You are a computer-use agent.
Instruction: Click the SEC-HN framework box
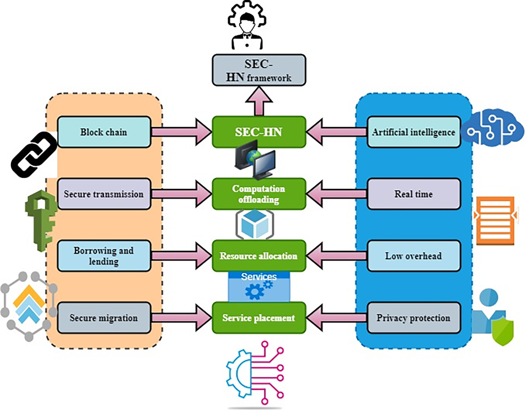pyautogui.click(x=259, y=70)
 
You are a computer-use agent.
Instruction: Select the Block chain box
pyautogui.click(x=104, y=132)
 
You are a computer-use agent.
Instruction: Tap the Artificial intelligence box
pyautogui.click(x=414, y=132)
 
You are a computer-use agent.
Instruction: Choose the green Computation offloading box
pyautogui.click(x=259, y=194)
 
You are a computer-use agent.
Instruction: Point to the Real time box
pyautogui.click(x=414, y=194)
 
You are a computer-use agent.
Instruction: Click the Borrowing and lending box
pyautogui.click(x=104, y=256)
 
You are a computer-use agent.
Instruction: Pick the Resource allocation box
pyautogui.click(x=259, y=256)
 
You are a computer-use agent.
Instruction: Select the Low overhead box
pyautogui.click(x=414, y=256)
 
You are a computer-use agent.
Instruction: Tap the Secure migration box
pyautogui.click(x=104, y=318)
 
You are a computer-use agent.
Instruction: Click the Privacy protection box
pyautogui.click(x=414, y=318)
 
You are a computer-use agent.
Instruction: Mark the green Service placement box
pyautogui.click(x=259, y=318)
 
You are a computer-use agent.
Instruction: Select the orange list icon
pyautogui.click(x=495, y=221)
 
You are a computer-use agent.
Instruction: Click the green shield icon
pyautogui.click(x=503, y=332)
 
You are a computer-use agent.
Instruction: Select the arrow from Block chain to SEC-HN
pyautogui.click(x=182, y=132)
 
